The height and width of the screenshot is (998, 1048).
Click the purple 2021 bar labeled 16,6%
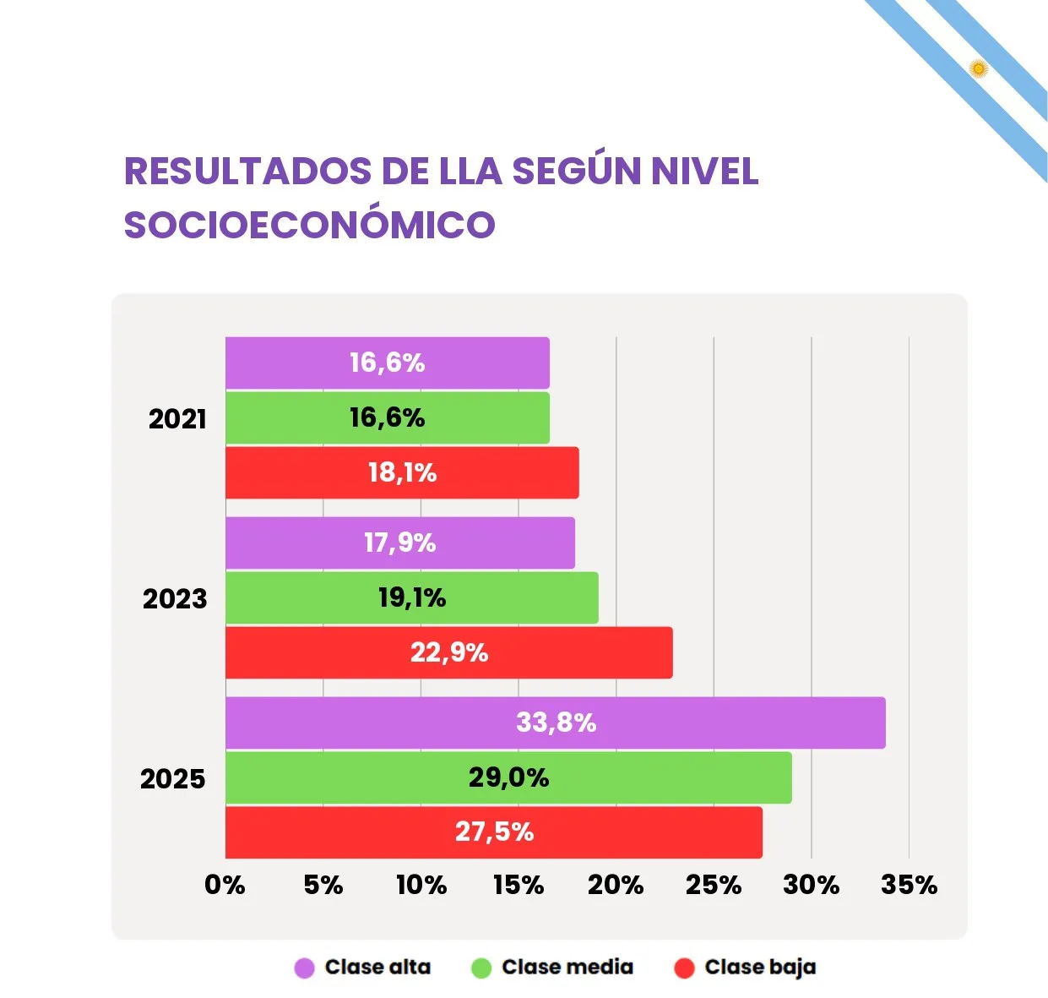[387, 363]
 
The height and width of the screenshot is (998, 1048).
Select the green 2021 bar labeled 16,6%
[387, 417]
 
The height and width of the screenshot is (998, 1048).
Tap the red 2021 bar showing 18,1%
[402, 472]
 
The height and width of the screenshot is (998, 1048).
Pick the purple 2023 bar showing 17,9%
[399, 543]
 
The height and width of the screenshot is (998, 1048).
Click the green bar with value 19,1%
[411, 598]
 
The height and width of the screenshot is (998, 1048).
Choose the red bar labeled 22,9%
[448, 652]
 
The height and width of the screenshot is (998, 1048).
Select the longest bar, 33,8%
[555, 723]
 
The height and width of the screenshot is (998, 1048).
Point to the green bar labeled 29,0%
[508, 777]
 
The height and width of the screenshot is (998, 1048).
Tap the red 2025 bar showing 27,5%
[494, 832]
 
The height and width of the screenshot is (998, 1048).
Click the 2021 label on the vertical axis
[177, 419]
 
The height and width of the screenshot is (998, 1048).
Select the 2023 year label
[175, 599]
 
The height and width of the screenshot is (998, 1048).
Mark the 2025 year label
[173, 779]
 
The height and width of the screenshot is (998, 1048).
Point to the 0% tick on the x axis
[225, 885]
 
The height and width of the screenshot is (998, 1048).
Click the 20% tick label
[616, 885]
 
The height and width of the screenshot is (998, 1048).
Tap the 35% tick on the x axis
[909, 885]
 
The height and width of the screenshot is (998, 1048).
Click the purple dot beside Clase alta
[304, 968]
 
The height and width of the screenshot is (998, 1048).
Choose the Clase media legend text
[567, 968]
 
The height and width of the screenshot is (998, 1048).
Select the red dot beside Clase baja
[684, 968]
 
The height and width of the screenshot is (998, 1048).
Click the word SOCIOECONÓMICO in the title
[309, 225]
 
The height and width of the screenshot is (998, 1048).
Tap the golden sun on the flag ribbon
[979, 68]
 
